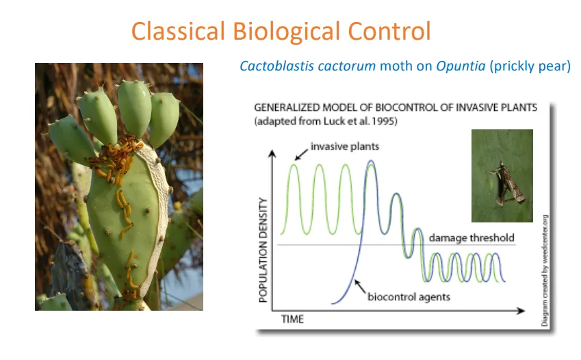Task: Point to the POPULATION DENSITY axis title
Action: click(263, 250)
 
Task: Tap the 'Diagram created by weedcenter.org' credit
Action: click(545, 270)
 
